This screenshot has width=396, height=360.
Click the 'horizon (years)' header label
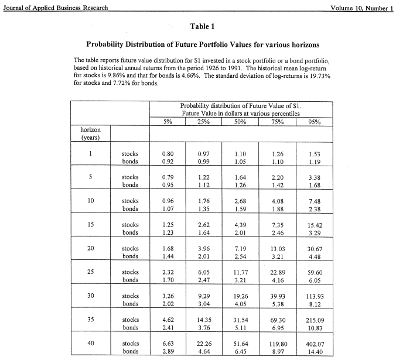coord(91,133)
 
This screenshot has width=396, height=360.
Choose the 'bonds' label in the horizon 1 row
coord(130,162)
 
